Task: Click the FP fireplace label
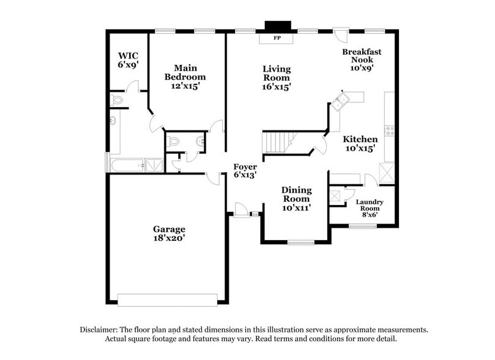[x=277, y=38]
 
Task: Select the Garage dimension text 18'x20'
[x=169, y=238]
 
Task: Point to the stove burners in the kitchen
[x=389, y=130]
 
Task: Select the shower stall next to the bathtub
[x=155, y=164]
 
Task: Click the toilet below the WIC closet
[x=117, y=99]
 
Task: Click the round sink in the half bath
[x=199, y=142]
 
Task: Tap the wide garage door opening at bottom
[x=167, y=300]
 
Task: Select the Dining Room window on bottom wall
[x=300, y=242]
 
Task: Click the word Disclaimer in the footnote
[x=100, y=329]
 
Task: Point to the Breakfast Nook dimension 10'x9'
[x=361, y=69]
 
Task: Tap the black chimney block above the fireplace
[x=276, y=26]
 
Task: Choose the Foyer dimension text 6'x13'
[x=245, y=175]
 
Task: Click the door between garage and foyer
[x=213, y=178]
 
